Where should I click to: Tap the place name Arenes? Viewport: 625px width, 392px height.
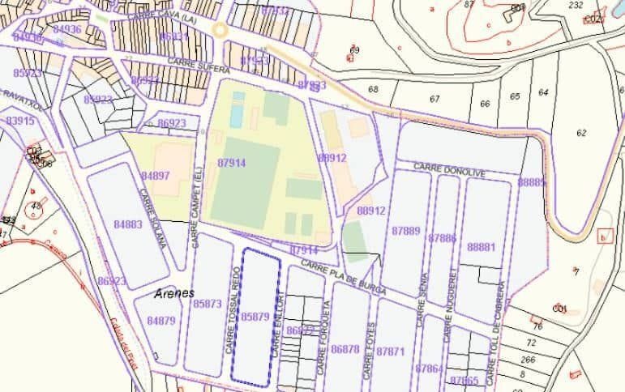pyautogui.click(x=173, y=294)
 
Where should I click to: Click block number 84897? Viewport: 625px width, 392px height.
pyautogui.click(x=156, y=176)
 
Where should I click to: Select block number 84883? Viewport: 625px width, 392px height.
pyautogui.click(x=128, y=224)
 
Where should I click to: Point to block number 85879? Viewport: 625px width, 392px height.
pyautogui.click(x=255, y=317)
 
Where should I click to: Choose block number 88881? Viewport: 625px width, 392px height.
pyautogui.click(x=482, y=247)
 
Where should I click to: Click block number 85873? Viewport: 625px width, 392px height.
pyautogui.click(x=208, y=304)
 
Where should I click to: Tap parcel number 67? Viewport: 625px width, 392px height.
pyautogui.click(x=435, y=99)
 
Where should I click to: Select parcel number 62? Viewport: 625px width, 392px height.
pyautogui.click(x=581, y=133)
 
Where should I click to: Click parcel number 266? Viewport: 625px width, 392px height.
pyautogui.click(x=529, y=360)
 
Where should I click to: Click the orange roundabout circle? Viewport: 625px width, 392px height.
pyautogui.click(x=219, y=31)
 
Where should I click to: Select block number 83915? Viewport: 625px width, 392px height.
pyautogui.click(x=20, y=121)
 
